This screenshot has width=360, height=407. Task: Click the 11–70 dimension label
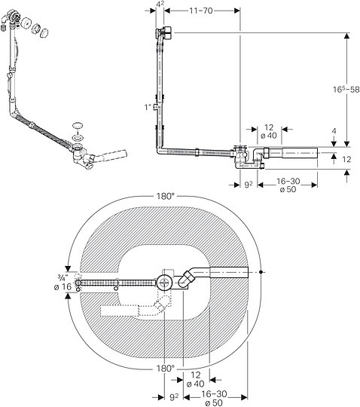coord(201,11)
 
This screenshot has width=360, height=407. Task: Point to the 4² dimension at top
coord(160,5)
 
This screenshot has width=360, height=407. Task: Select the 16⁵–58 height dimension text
coord(346,89)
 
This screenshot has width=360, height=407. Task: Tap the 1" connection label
coord(148,107)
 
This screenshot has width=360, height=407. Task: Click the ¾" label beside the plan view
coord(63,278)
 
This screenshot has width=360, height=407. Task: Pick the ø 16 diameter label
coord(63,287)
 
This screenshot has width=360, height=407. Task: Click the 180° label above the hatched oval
coord(165,196)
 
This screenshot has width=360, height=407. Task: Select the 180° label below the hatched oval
coord(165,369)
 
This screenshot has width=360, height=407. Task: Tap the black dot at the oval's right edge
coord(261,272)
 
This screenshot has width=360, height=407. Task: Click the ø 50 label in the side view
coord(288,189)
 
